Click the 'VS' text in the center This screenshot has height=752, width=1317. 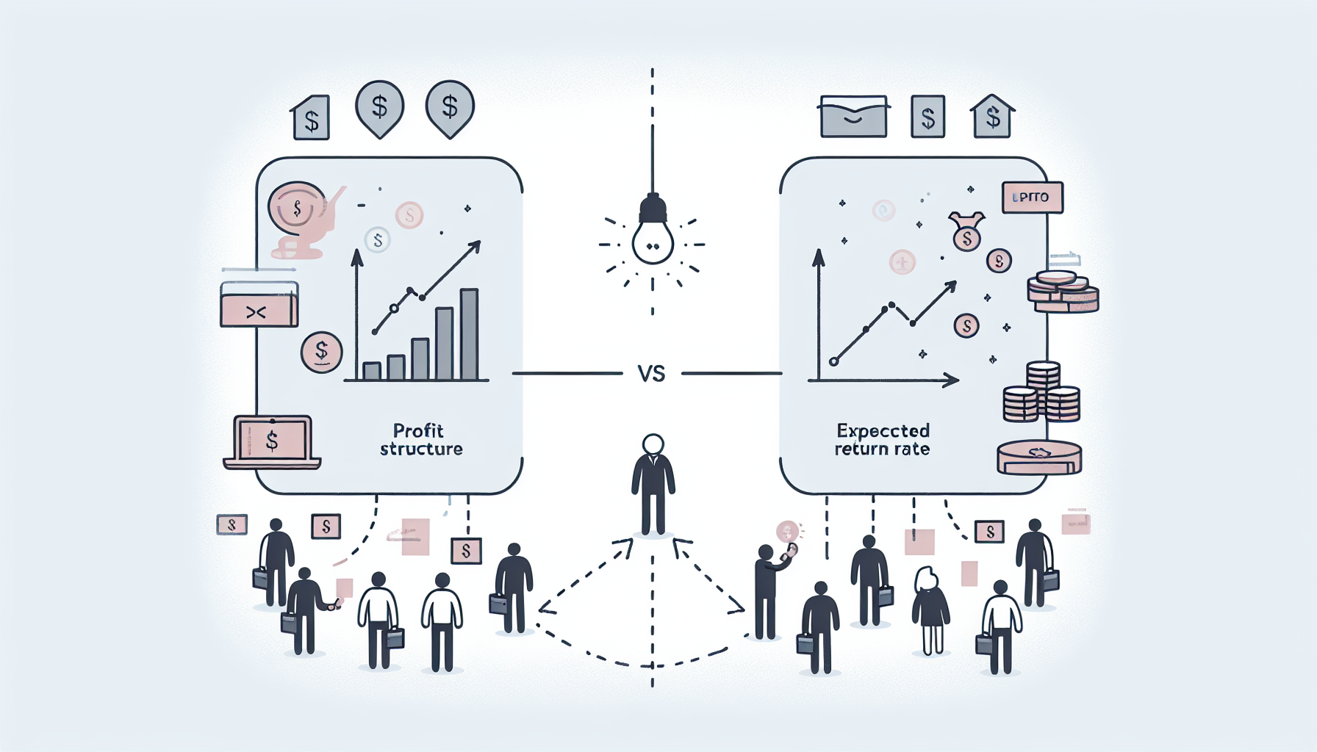coord(651,375)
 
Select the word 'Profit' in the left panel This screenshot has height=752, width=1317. coord(418,430)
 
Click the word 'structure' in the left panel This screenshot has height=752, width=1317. coord(421,449)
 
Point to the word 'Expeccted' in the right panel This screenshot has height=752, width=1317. coord(883,430)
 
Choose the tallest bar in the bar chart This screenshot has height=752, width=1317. coord(469,334)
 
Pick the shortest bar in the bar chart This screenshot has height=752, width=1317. coord(372,370)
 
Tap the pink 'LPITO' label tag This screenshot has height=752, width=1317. coord(1032,198)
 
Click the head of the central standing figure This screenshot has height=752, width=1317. coord(653,444)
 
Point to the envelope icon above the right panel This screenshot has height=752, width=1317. coord(853,117)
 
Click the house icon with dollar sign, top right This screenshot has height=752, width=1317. coord(992,117)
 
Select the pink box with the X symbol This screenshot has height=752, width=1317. coord(258,311)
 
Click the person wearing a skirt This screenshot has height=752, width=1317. coord(930,610)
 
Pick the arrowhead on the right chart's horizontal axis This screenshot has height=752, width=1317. coord(952,380)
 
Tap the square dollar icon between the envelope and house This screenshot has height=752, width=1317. coord(927,117)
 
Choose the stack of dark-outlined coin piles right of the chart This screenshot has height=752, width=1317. coord(1041,394)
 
